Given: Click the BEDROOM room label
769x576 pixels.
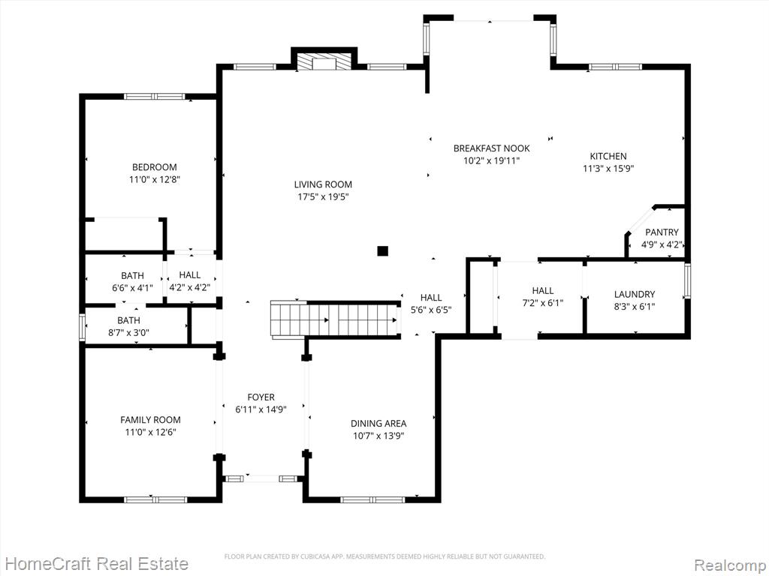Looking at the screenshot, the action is (155, 167).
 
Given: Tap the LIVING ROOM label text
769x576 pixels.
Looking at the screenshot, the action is (323, 184).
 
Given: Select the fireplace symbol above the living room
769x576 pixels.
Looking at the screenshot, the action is (324, 62).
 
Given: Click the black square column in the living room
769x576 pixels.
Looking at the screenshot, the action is (382, 251).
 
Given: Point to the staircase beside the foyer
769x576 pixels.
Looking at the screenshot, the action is (335, 320).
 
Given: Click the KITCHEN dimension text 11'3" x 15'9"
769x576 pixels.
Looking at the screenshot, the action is (608, 169).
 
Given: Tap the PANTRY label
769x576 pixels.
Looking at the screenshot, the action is (662, 232).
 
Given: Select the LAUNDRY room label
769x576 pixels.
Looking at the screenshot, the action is (635, 294).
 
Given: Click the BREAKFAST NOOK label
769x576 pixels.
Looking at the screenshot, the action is (491, 148).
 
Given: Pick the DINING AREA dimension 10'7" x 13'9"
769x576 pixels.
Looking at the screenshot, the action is (378, 436).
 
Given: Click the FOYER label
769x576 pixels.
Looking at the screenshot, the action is (261, 397).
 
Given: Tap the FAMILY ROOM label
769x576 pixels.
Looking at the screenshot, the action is (150, 420).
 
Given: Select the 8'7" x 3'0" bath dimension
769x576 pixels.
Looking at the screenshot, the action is (128, 333).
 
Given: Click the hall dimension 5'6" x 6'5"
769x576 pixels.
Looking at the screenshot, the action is (431, 310).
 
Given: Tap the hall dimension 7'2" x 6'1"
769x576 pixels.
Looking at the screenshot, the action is (543, 303).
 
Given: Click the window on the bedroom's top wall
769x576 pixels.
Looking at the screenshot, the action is (155, 97).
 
